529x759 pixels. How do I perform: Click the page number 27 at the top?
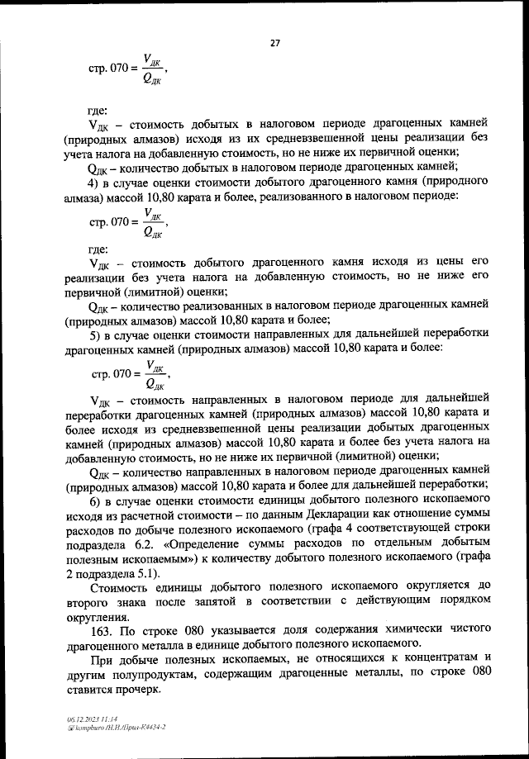click(x=274, y=45)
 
